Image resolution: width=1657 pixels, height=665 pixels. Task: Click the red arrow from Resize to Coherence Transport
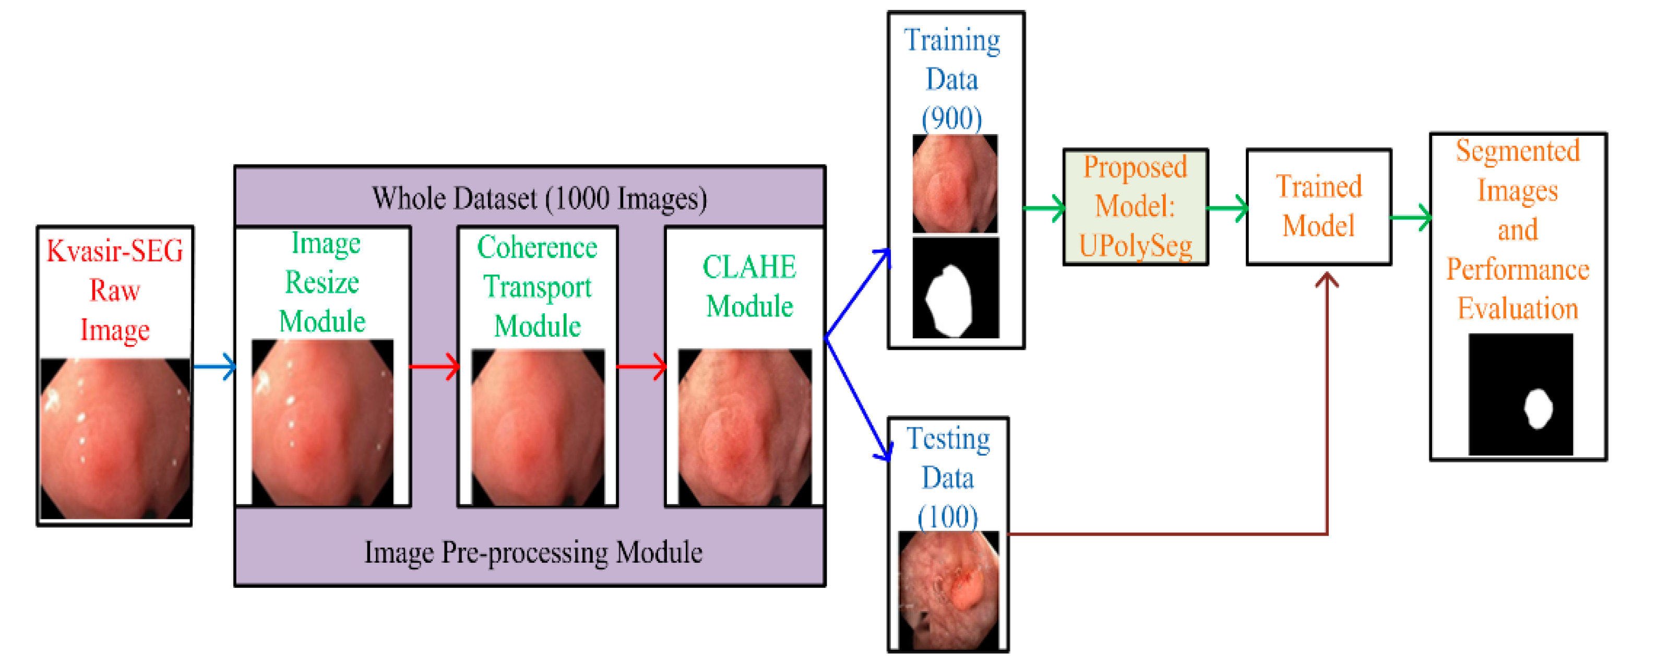(435, 366)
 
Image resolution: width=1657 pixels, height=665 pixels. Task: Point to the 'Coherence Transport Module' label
(537, 287)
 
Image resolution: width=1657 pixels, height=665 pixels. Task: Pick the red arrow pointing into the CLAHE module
(641, 366)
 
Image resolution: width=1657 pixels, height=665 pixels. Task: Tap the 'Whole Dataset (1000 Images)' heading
(539, 198)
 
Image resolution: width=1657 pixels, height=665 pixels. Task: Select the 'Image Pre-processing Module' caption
(533, 552)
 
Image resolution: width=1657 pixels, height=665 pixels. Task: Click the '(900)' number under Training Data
(951, 119)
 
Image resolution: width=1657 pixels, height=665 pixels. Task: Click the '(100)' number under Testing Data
(948, 516)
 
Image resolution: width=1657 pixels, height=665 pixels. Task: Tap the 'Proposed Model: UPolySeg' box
(1135, 207)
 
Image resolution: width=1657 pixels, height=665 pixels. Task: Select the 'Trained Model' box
(1319, 207)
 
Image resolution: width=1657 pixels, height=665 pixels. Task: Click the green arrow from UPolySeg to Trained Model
(1228, 208)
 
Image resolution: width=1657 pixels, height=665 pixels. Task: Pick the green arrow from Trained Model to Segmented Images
(1411, 217)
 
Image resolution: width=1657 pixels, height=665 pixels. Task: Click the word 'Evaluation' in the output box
(1518, 308)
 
